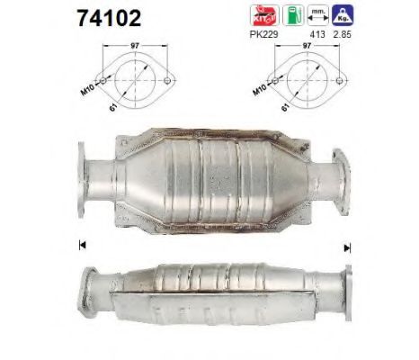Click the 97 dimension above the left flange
point(134,45)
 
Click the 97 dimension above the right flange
point(305,45)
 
